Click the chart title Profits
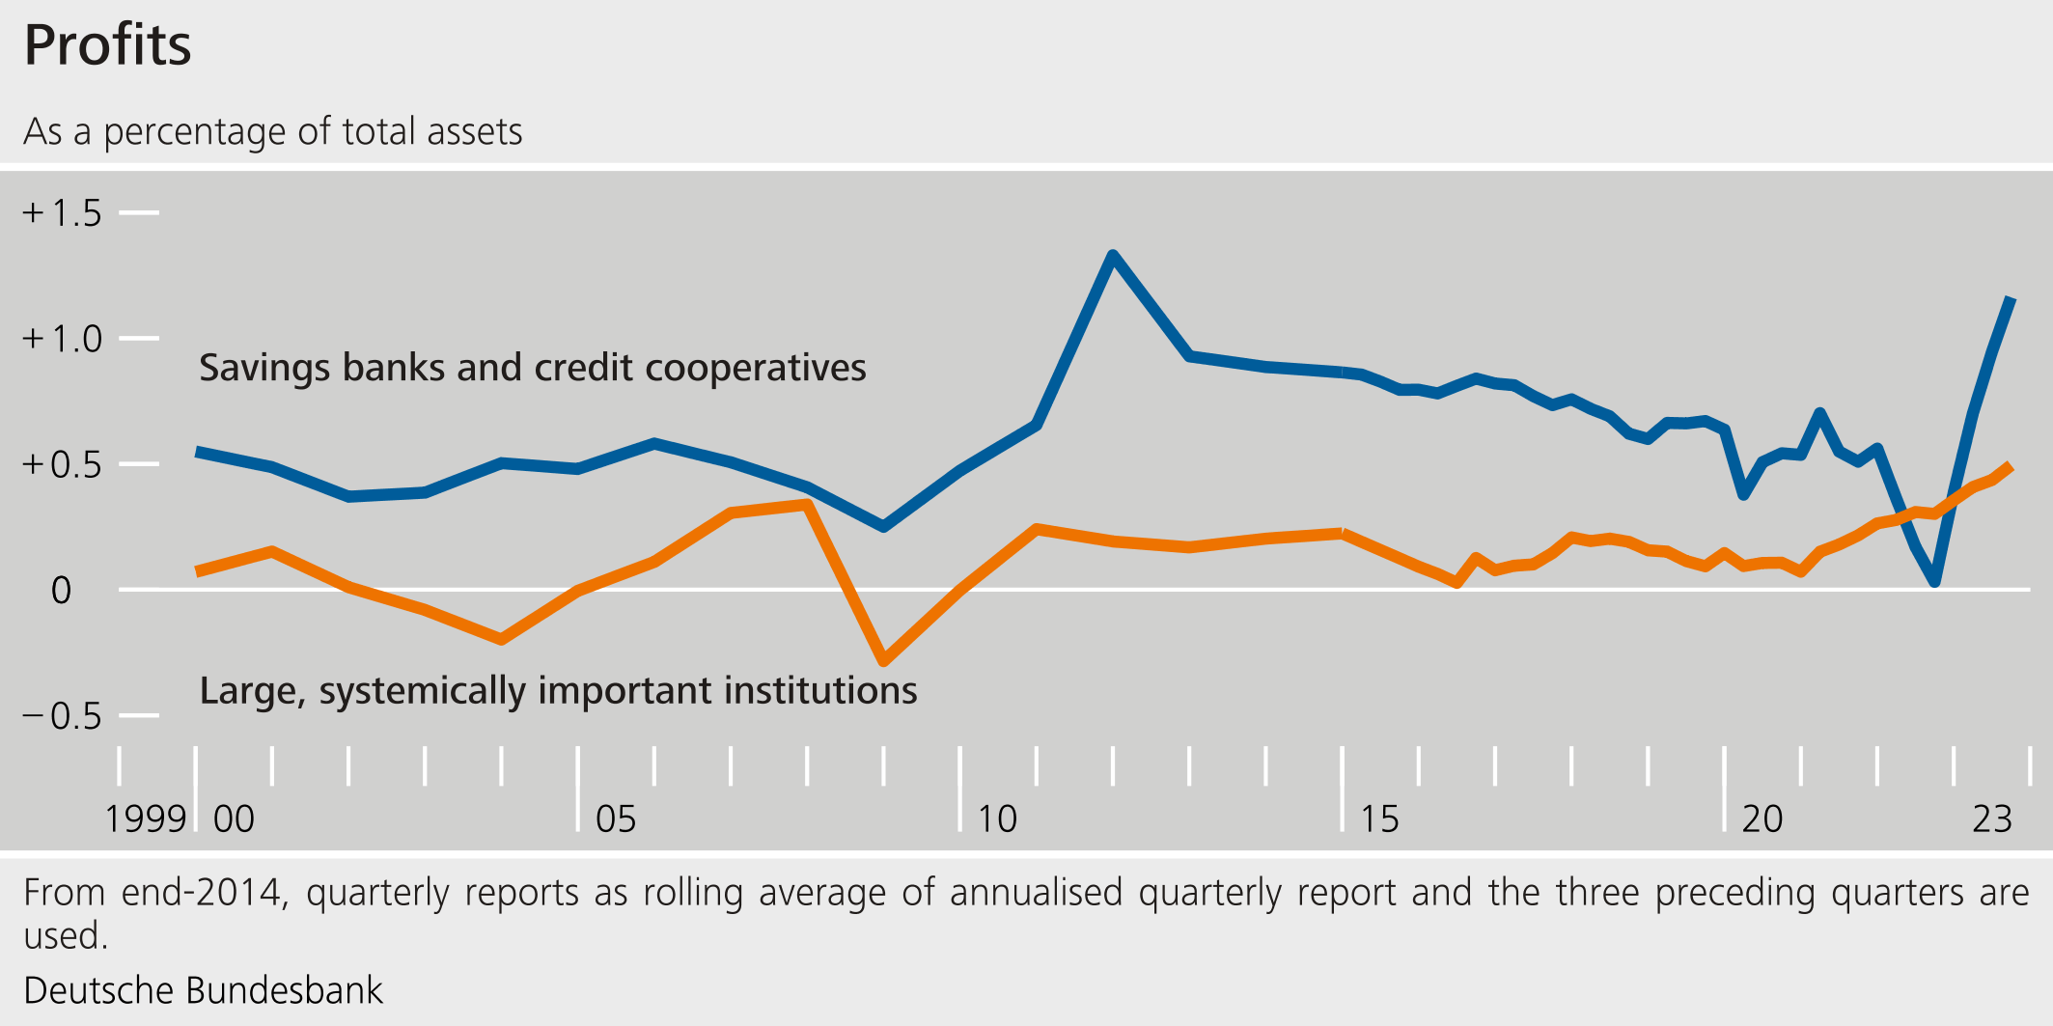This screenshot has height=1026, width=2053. coord(107,45)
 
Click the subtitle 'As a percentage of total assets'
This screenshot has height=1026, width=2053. coord(272,131)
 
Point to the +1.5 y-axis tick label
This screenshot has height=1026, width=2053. coord(63,213)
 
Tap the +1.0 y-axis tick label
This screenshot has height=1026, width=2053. coord(63,339)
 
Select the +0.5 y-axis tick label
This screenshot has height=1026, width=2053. coord(63,464)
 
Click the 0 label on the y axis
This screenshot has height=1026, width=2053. coord(61,590)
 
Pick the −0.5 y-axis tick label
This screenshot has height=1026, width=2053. coord(63,716)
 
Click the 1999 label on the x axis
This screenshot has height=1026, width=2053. coord(145,819)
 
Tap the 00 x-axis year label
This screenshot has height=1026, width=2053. coord(234,819)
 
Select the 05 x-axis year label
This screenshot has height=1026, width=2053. coord(616,819)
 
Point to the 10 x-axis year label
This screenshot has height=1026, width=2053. coord(997,819)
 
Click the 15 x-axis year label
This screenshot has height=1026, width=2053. coord(1379,819)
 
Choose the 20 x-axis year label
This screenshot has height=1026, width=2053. coord(1762,819)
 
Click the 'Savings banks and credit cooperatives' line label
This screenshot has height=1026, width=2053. coord(532,368)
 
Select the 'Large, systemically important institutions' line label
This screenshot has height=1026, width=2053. coord(558,691)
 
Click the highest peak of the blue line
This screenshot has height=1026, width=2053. coord(1113,256)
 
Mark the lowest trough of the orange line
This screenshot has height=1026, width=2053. coord(884,661)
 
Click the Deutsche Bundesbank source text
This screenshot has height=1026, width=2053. coord(203,990)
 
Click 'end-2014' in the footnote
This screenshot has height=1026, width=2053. coord(204,893)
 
